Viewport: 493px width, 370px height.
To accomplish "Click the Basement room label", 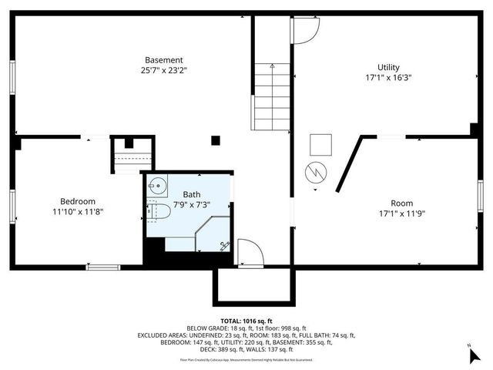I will pos(164,60).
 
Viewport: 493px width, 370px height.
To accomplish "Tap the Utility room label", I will pos(388,66).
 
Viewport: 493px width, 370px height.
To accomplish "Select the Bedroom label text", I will pos(78,201).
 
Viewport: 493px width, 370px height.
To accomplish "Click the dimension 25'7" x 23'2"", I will pos(165,71).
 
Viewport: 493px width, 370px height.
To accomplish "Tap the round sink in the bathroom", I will pos(158,187).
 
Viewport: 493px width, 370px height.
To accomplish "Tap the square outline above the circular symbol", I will pos(320,145).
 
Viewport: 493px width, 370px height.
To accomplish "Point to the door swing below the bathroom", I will pos(248,253).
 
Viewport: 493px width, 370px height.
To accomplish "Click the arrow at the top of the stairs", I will pos(273,69).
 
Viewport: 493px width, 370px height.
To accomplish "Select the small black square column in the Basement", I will pos(216,140).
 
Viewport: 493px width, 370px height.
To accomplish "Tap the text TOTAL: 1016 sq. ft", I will pos(246,321).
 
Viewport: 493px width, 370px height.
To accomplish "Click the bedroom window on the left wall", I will pos(12,207).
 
